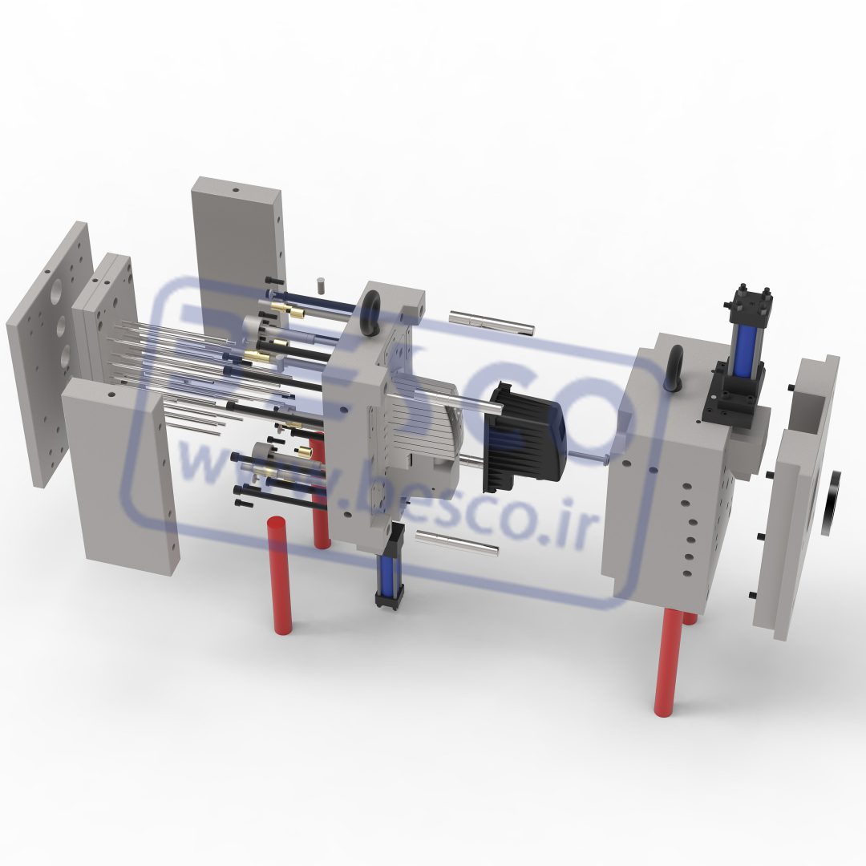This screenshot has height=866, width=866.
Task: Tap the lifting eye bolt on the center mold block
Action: point(371,313)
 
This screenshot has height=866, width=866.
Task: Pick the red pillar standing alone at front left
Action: point(281,575)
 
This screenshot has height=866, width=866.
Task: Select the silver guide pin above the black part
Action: point(491,323)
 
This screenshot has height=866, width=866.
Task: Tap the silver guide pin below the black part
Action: point(457,542)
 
